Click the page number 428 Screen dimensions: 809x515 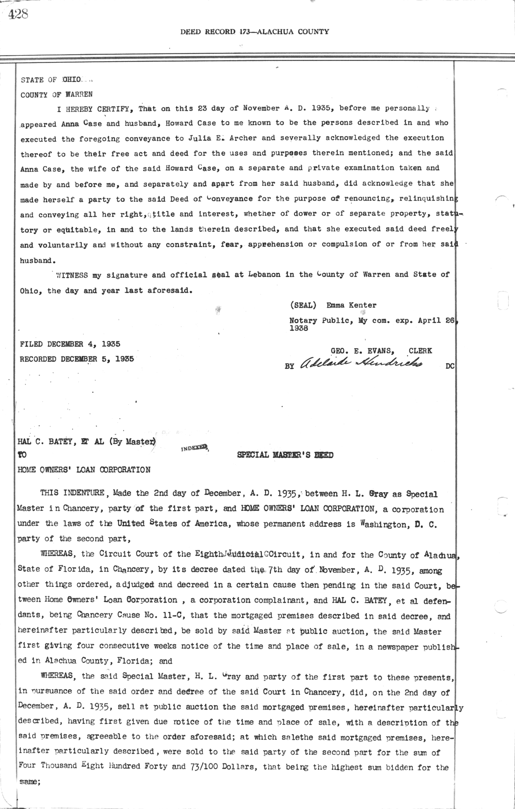[x=18, y=14]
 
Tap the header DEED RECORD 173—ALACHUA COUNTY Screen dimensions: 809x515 [x=254, y=31]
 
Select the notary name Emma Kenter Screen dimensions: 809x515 [x=351, y=305]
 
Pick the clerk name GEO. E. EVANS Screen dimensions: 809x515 [x=363, y=351]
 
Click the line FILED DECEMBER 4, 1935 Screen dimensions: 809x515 [x=70, y=344]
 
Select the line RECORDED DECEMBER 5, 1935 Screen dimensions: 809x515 [x=77, y=359]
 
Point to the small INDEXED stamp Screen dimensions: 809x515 [x=194, y=448]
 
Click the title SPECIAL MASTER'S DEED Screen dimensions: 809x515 [x=285, y=455]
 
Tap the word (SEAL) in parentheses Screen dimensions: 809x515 [x=303, y=305]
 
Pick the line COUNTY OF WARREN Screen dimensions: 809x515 [x=56, y=94]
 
